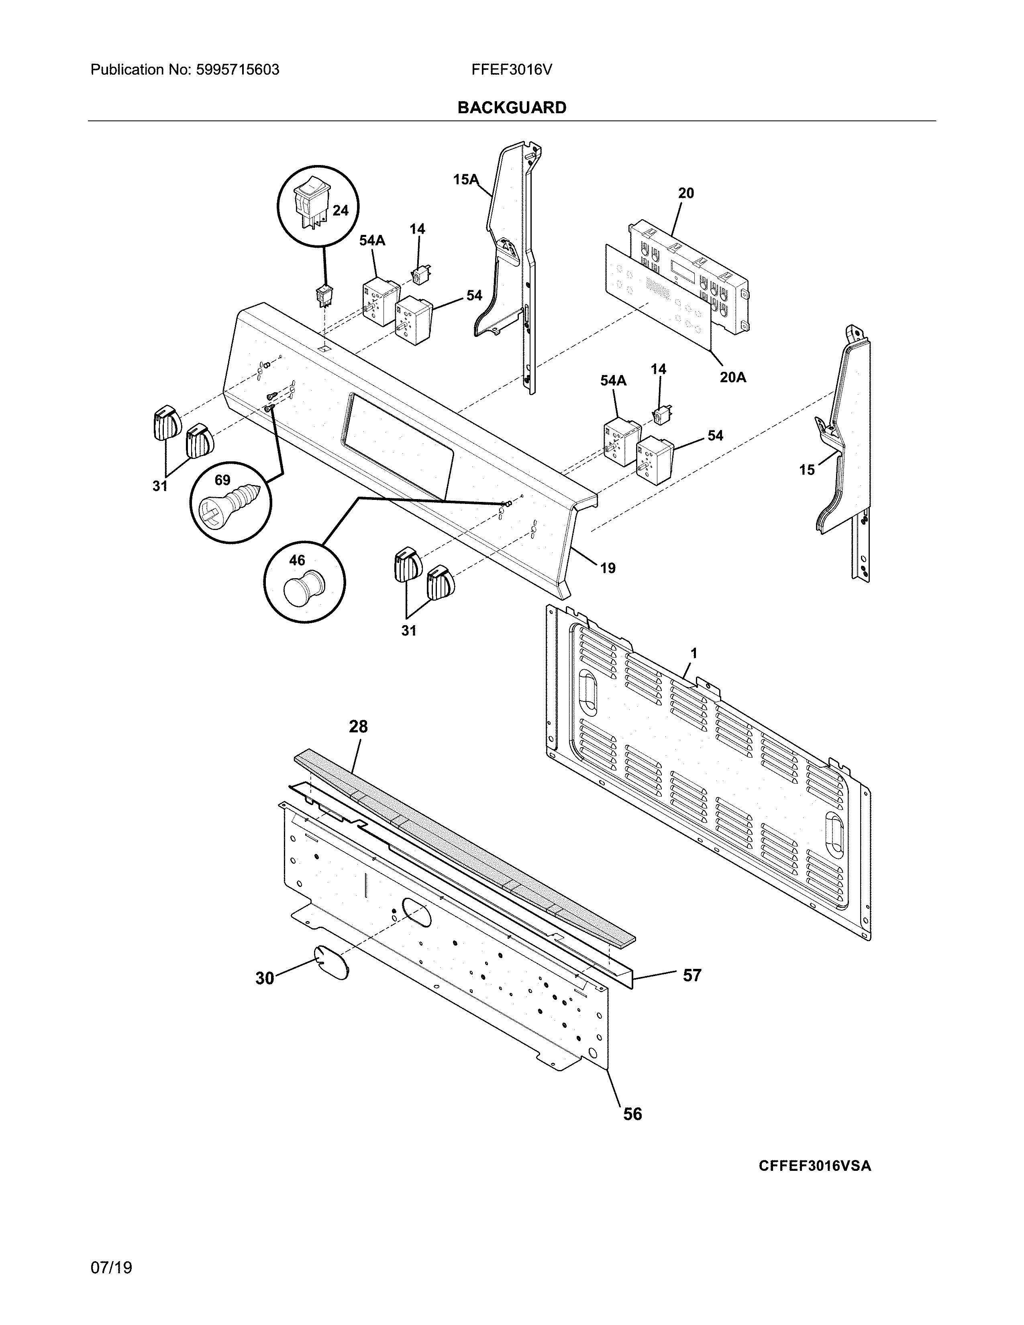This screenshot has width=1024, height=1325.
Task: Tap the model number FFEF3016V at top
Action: click(x=511, y=70)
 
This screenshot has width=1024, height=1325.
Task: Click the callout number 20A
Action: click(x=733, y=377)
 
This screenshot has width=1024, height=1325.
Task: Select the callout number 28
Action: click(x=358, y=726)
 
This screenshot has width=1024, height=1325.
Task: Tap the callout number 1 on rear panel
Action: click(x=694, y=653)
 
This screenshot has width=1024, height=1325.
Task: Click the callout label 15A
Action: click(x=465, y=179)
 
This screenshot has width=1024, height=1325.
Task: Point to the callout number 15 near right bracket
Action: click(x=806, y=470)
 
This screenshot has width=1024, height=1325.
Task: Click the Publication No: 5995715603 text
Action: click(x=185, y=70)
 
